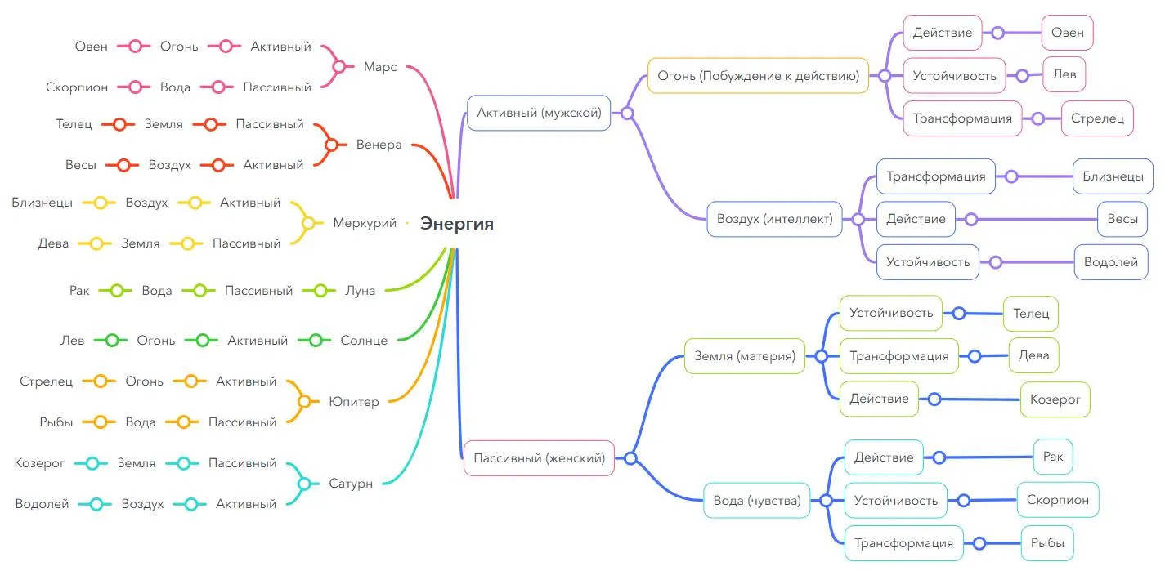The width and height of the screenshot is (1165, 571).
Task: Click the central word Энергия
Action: click(x=457, y=223)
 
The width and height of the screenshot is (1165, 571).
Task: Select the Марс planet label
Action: click(x=380, y=67)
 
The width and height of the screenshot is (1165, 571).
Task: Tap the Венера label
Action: click(x=379, y=145)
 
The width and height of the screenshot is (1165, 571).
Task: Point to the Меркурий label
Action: click(x=365, y=223)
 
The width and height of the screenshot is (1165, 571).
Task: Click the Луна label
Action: click(x=360, y=290)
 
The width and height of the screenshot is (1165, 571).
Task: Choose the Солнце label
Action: click(x=364, y=341)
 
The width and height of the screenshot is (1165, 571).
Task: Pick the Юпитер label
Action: click(x=354, y=402)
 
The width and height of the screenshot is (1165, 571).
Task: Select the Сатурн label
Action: click(x=351, y=484)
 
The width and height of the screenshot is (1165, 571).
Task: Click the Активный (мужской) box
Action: click(x=539, y=114)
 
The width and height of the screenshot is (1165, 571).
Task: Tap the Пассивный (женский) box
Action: click(x=539, y=458)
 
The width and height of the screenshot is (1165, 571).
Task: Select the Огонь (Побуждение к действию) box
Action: click(x=758, y=76)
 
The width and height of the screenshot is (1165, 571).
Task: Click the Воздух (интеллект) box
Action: click(x=774, y=219)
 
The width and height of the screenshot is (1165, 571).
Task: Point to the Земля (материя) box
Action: click(x=744, y=356)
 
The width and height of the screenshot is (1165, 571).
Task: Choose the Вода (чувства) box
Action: click(x=757, y=501)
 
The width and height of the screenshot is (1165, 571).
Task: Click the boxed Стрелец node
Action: click(x=1097, y=118)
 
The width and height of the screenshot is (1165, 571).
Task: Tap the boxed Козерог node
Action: click(x=1055, y=399)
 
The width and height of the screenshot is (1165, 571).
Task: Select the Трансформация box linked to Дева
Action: click(x=898, y=356)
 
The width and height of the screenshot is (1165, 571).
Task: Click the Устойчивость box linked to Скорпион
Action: click(x=895, y=500)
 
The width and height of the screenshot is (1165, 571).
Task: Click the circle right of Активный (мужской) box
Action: click(x=627, y=114)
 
